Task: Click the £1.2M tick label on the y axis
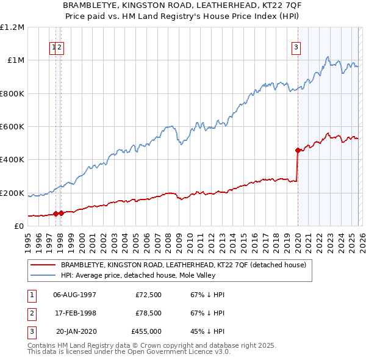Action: (x=12, y=27)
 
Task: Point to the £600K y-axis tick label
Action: (x=12, y=127)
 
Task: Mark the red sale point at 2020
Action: (x=298, y=150)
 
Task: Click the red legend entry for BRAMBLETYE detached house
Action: (x=187, y=265)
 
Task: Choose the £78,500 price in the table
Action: (x=146, y=313)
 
